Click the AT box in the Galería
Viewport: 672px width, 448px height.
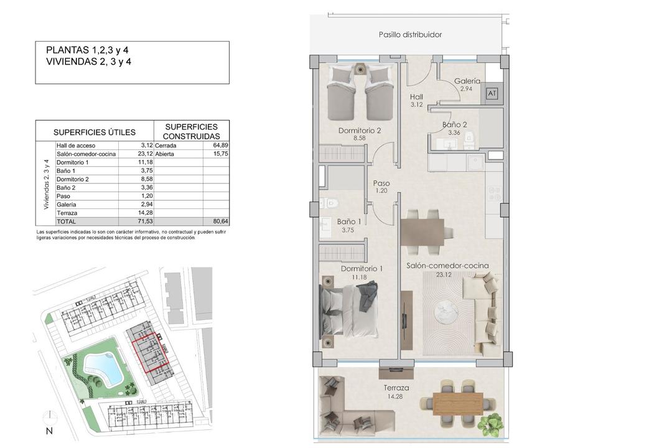point(492,93)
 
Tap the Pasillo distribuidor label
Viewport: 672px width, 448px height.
point(410,35)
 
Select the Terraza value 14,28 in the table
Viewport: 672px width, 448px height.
point(147,213)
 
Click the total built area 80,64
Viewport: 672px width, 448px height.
point(221,222)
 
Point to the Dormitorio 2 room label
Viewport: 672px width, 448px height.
point(360,131)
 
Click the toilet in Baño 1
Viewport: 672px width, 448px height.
point(330,202)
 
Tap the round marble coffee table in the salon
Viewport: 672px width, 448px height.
point(446,312)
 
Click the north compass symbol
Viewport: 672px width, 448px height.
point(50,416)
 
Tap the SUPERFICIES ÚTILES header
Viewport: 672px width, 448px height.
point(95,133)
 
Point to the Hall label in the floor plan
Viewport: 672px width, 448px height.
point(416,97)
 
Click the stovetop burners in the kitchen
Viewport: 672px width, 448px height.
point(494,194)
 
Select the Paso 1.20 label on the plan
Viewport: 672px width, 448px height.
point(381,187)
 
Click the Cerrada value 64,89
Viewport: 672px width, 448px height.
point(221,146)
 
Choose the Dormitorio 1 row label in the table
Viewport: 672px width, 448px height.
point(72,162)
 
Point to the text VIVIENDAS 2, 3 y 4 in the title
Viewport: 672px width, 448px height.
point(89,62)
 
